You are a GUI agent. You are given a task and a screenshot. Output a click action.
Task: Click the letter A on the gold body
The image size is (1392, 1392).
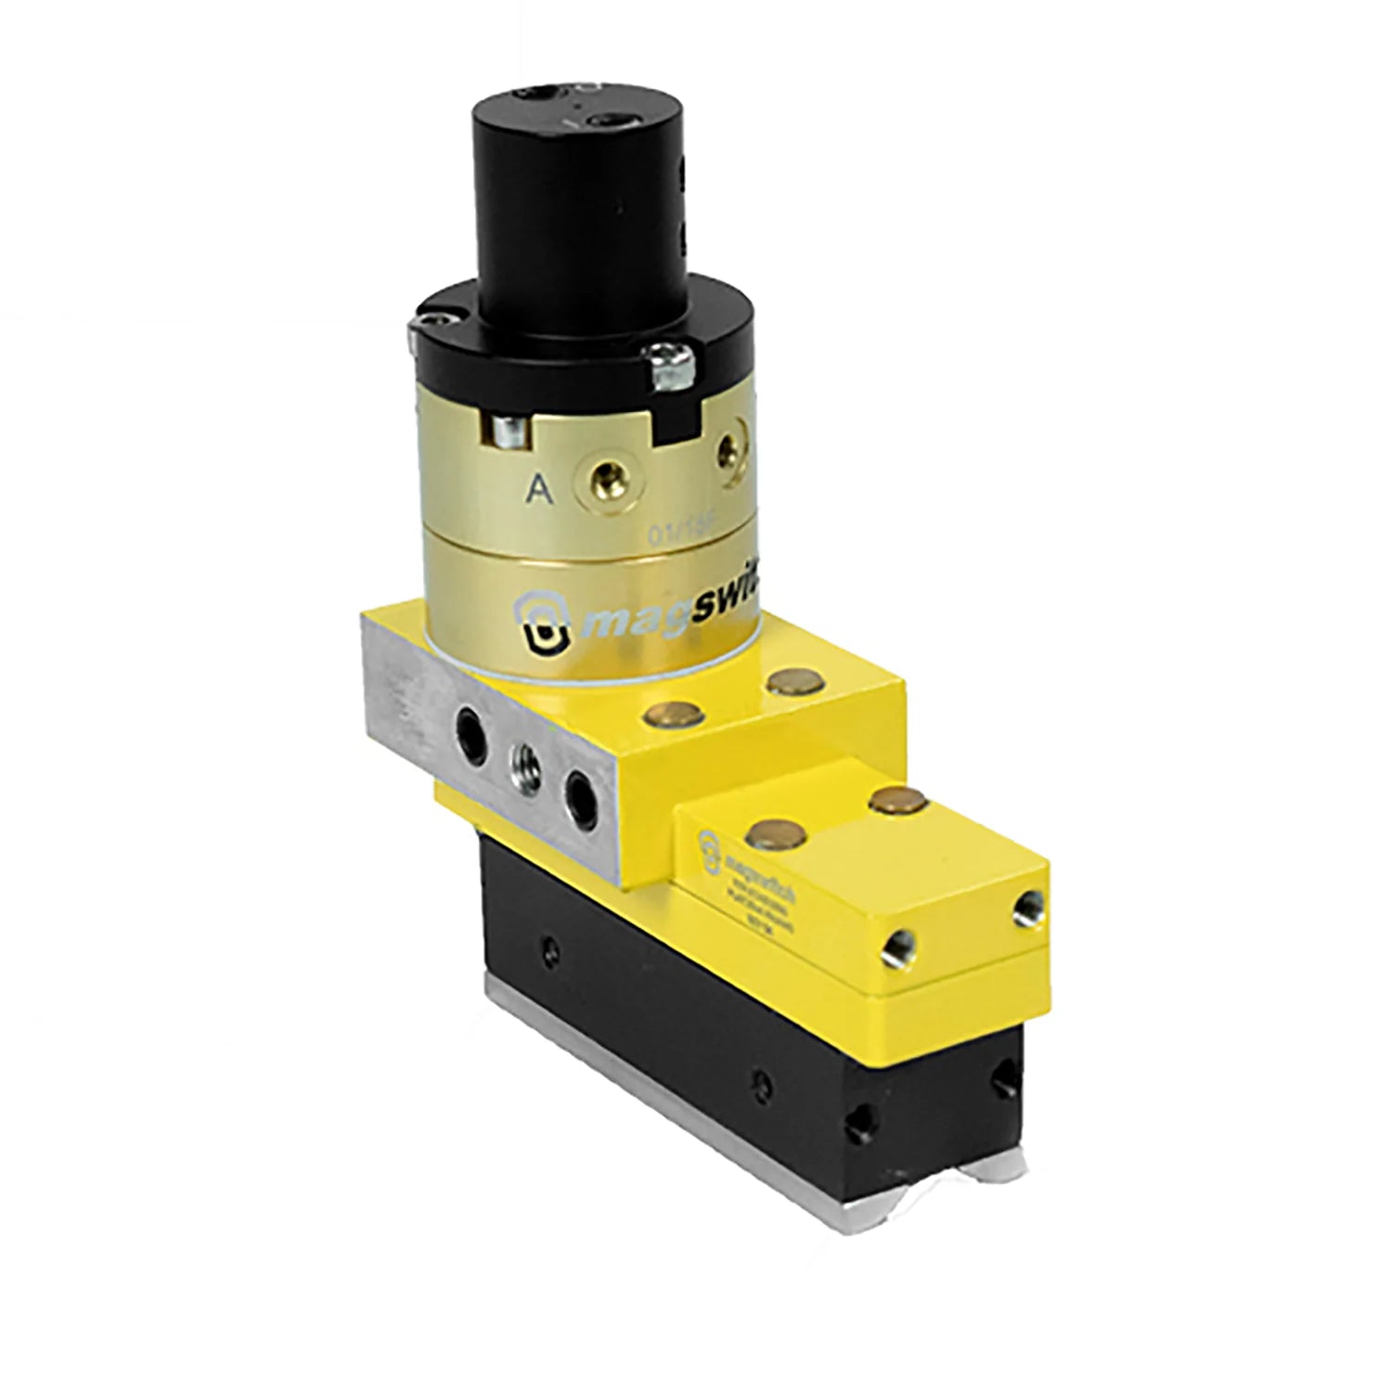[x=537, y=491]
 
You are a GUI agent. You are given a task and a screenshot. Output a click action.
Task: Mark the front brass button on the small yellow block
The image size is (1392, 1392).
[x=772, y=831]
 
